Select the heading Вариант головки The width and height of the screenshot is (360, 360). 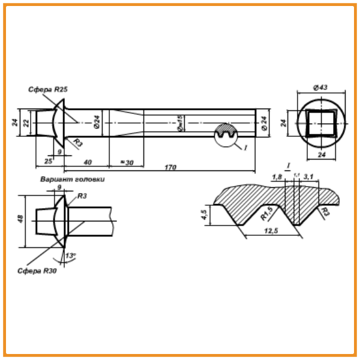pyautogui.click(x=73, y=179)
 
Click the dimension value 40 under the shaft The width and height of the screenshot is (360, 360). pyautogui.click(x=87, y=162)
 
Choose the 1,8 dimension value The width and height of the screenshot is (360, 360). pyautogui.click(x=277, y=177)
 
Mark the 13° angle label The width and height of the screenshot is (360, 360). pyautogui.click(x=71, y=256)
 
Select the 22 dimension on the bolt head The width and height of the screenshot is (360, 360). pyautogui.click(x=26, y=122)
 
